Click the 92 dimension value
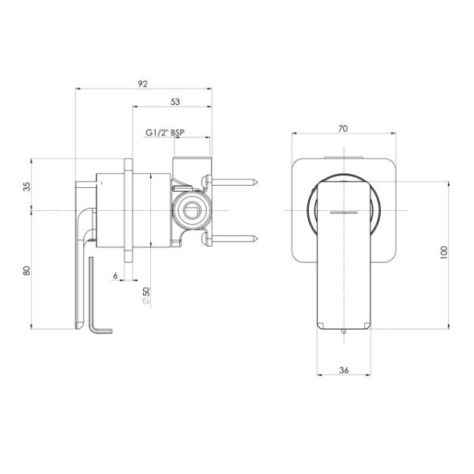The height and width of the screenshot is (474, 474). click(144, 82)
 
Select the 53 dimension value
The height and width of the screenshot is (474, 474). click(175, 101)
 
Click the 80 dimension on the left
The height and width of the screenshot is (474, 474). click(28, 270)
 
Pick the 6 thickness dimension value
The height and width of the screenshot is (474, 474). click(115, 276)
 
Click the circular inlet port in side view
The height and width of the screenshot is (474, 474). click(190, 212)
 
